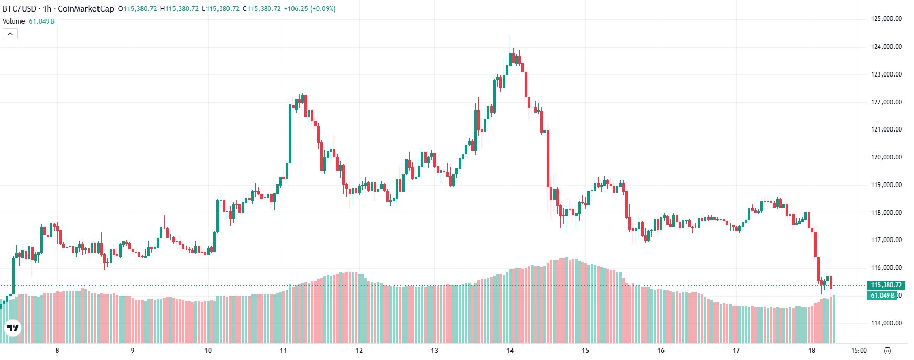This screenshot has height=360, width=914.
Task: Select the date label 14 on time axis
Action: [x=510, y=351]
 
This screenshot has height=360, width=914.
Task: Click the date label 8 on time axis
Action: [x=57, y=351]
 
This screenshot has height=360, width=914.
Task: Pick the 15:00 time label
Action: [x=858, y=351]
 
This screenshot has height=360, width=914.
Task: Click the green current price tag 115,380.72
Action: [x=886, y=285]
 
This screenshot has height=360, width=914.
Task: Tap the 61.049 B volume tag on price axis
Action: [x=883, y=296]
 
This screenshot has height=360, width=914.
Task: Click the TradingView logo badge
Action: [x=13, y=329]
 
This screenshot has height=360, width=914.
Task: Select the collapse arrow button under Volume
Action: [x=10, y=34]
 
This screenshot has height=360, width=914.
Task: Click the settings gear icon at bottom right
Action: [x=887, y=351]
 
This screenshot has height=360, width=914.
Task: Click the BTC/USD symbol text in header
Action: [x=19, y=9]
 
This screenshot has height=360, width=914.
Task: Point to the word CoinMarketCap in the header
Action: [x=85, y=9]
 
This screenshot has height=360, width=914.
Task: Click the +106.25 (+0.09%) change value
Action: [x=309, y=9]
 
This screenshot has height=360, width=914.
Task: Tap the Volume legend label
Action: [x=14, y=21]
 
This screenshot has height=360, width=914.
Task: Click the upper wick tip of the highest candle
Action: [x=510, y=35]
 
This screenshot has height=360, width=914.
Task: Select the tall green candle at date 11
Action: [x=290, y=134]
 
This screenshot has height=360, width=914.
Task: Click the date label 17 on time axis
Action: [x=736, y=351]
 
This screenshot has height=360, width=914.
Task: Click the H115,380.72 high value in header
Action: [x=179, y=9]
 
